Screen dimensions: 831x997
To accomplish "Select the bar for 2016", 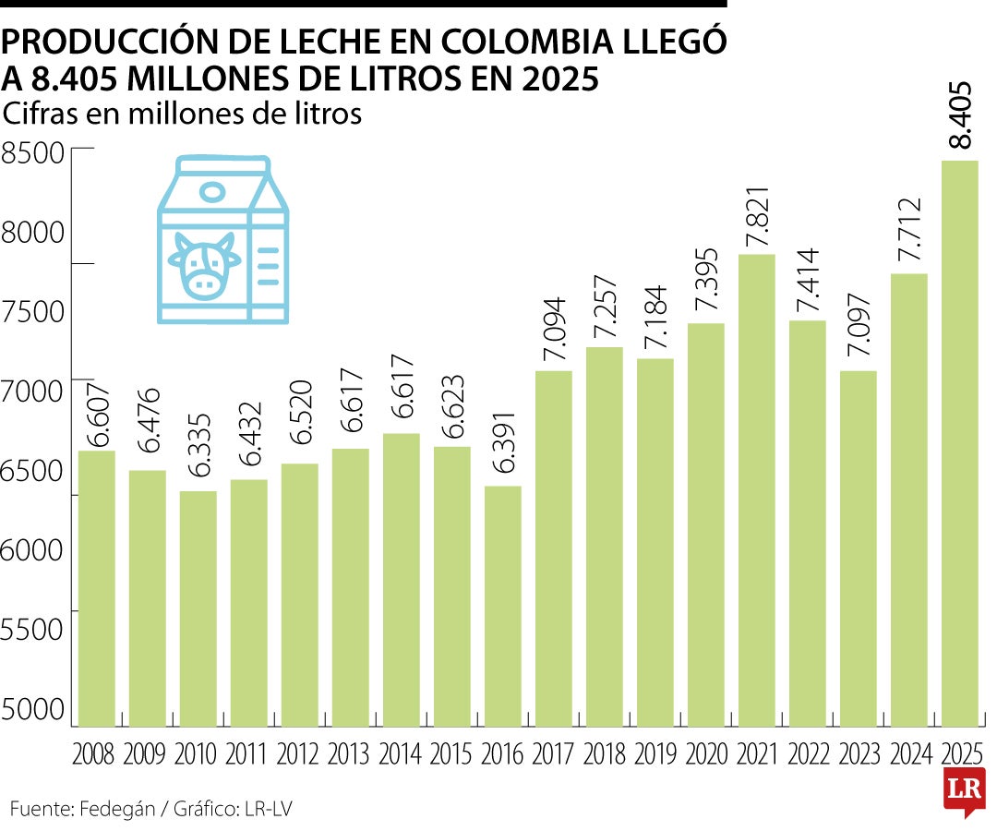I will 502,606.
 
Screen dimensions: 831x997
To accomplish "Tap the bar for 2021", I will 756,489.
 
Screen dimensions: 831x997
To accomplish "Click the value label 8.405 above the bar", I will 960,115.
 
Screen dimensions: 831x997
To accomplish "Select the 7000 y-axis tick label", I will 33,391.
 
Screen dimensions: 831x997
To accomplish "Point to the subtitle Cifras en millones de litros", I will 182,114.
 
